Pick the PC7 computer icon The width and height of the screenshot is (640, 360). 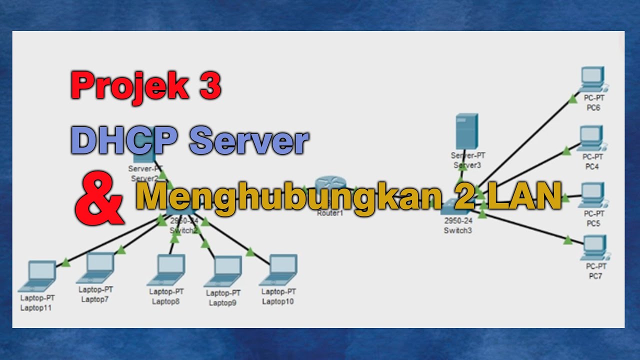tap(594, 247)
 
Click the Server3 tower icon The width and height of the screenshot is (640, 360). tap(467, 131)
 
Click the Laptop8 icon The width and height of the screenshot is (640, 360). tap(167, 270)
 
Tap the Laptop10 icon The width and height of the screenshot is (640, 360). tap(279, 270)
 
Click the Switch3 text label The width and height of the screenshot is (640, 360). tap(457, 230)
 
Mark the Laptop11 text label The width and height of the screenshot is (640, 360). tap(36, 308)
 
